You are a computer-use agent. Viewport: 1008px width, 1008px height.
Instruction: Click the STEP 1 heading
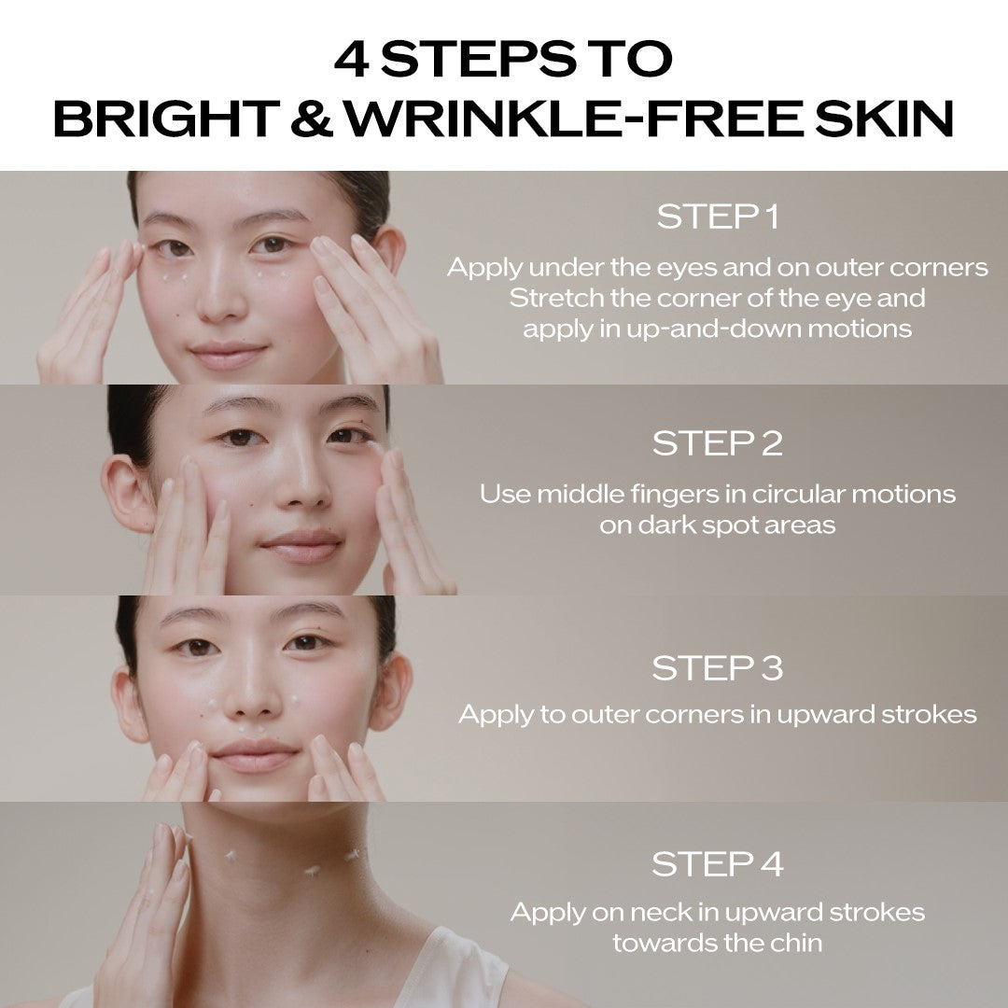(x=718, y=217)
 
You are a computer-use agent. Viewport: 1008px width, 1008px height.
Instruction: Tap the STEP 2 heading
(x=718, y=443)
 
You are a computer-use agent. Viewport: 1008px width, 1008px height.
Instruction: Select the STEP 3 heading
(x=718, y=668)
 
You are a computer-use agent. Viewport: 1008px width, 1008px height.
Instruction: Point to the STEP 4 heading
(x=718, y=864)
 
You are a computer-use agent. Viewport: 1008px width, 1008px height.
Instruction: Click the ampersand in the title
(x=312, y=119)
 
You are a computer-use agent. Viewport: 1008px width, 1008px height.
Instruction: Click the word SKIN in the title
(x=884, y=119)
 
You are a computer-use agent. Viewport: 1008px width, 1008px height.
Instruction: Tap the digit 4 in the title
(x=351, y=59)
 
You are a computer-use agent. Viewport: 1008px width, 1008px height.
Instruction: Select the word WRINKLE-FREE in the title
(x=574, y=119)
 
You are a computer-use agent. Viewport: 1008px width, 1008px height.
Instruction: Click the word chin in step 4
(x=798, y=943)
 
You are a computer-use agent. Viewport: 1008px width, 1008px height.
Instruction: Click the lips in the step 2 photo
(x=301, y=547)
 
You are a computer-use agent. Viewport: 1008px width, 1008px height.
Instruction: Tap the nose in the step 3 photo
(x=253, y=697)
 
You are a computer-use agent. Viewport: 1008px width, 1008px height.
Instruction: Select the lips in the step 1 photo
(x=229, y=356)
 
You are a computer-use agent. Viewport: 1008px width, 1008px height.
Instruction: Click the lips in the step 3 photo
(x=255, y=755)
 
